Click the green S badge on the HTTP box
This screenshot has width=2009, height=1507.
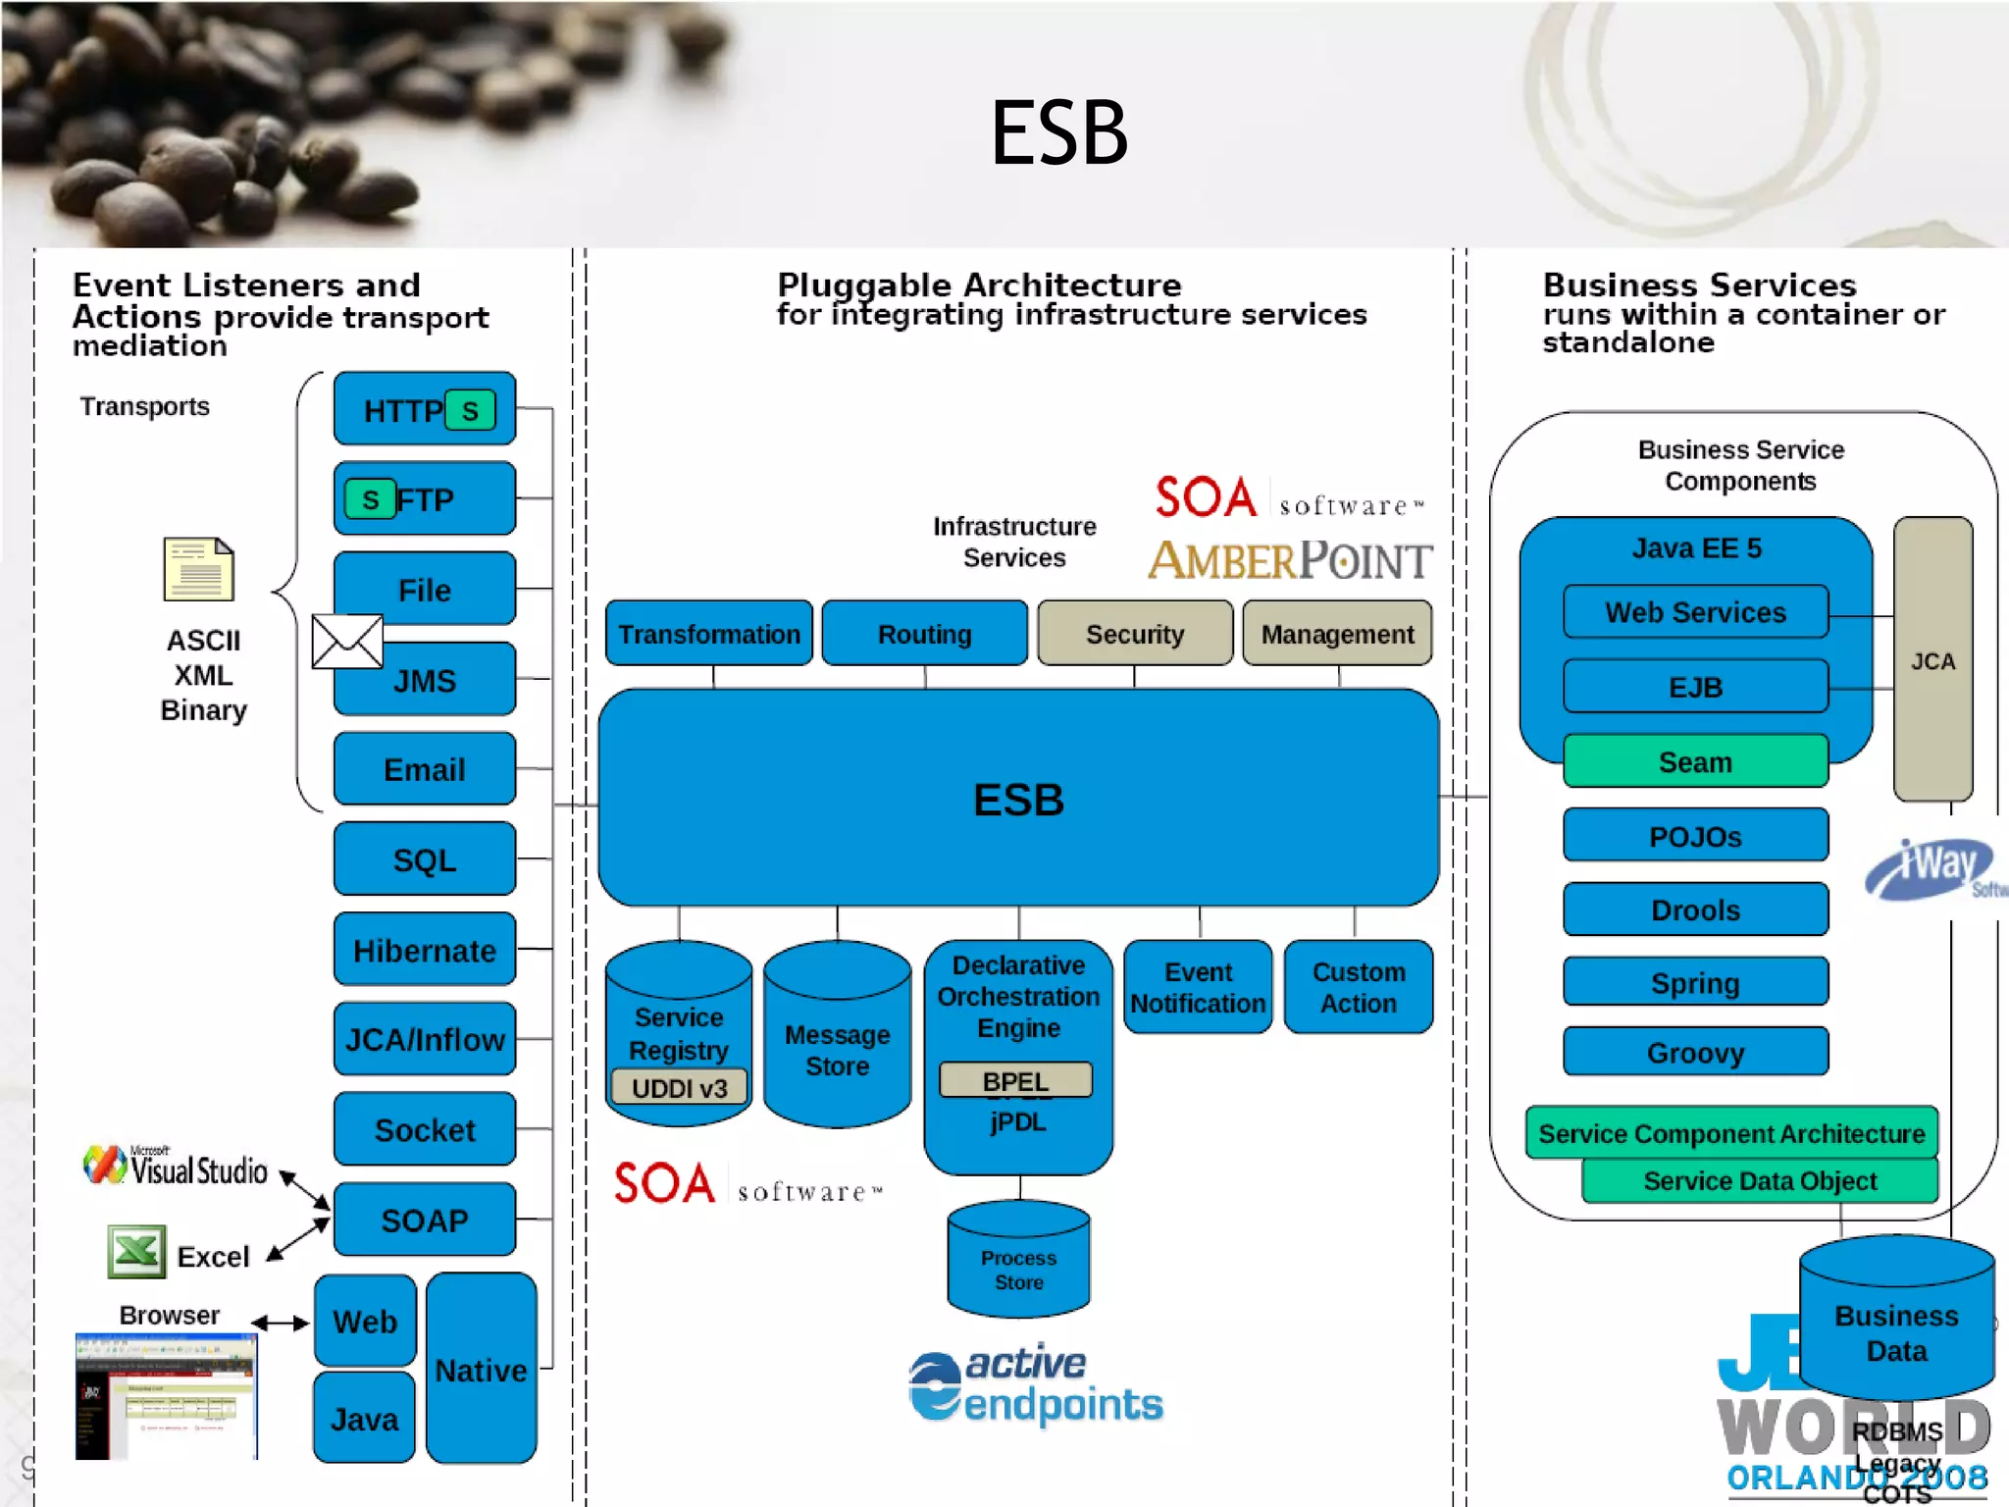pos(470,410)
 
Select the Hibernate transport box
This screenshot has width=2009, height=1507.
pos(424,950)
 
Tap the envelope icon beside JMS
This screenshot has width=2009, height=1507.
pos(347,642)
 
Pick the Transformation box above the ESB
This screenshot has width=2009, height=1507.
pos(708,634)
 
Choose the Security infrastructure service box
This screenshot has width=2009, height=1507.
pos(1134,634)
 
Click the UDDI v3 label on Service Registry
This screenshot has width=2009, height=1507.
pos(679,1088)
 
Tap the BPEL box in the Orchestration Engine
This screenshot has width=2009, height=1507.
pos(1015,1080)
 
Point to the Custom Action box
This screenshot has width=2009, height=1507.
pos(1358,987)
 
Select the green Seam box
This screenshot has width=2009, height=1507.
pos(1694,761)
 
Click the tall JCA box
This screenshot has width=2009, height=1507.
pos(1932,660)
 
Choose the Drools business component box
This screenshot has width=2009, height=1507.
pos(1694,909)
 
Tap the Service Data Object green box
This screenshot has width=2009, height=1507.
pos(1759,1181)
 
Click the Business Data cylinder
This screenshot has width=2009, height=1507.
pos(1895,1325)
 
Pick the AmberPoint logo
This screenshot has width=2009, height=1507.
pos(1290,561)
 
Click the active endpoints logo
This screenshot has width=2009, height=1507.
pos(1035,1385)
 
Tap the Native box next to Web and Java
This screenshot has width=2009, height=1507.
pos(481,1369)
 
